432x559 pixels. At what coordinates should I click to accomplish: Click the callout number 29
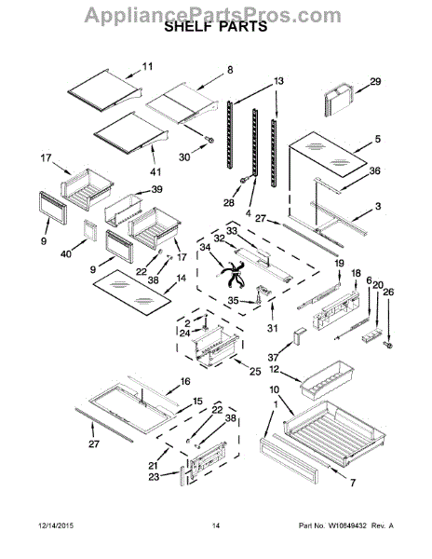(375, 82)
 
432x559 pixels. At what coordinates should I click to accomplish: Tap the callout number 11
(147, 67)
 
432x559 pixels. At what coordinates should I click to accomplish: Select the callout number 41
(155, 171)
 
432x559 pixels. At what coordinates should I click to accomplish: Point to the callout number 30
(184, 157)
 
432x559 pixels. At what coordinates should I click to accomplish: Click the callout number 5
(377, 139)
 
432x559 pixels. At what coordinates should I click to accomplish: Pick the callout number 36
(374, 170)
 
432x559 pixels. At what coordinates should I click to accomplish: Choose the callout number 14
(182, 279)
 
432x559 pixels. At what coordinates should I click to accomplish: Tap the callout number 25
(255, 371)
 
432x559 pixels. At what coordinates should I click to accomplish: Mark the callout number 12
(275, 369)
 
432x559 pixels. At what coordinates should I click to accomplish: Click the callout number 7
(353, 483)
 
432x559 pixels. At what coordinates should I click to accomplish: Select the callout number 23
(154, 477)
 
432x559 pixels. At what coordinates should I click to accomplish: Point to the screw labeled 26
(388, 345)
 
